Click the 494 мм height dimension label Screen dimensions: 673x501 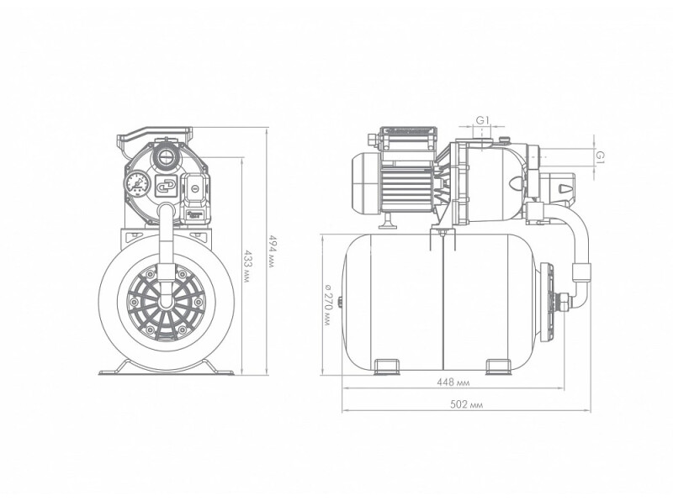tap(271, 250)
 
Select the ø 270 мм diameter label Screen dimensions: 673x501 tap(327, 303)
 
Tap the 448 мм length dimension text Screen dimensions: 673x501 tap(453, 382)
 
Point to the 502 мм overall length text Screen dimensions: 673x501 tap(466, 404)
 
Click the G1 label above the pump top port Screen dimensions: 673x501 tap(482, 120)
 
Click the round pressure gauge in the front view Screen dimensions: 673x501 tap(138, 183)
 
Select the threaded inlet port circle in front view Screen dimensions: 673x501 tap(164, 156)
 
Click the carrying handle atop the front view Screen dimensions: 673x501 tap(154, 133)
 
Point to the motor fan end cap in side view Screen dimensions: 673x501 tap(365, 183)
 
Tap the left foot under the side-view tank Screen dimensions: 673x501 tap(387, 367)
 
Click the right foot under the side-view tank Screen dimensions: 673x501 tap(499, 367)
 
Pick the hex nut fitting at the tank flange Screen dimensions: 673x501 tap(563, 302)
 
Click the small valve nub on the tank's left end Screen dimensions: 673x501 tap(340, 303)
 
